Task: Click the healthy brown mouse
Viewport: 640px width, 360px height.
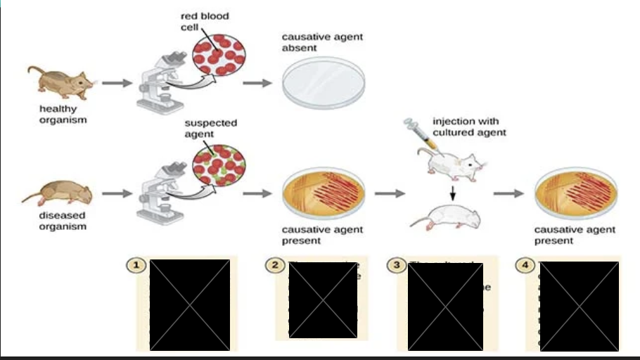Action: point(60,82)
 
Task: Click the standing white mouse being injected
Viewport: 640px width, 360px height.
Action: point(451,163)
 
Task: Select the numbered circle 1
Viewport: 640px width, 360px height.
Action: point(135,265)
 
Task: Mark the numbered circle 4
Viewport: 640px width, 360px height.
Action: point(524,265)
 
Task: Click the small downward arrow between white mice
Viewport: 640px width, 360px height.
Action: point(452,192)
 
